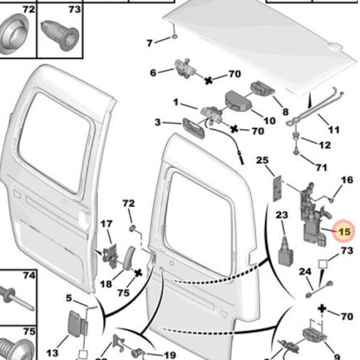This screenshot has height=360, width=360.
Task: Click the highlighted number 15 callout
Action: pos(344,232)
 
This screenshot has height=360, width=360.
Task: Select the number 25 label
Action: pos(262,160)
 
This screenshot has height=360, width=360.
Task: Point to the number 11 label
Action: pos(334,130)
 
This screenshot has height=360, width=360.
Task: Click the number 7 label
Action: pos(151,42)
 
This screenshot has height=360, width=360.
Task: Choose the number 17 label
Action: pos(106,224)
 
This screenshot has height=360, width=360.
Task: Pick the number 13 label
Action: pos(53,352)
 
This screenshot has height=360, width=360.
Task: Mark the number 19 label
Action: pos(169,355)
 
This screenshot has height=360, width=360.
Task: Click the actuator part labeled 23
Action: pos(284,252)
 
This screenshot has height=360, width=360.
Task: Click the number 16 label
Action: pos(347,180)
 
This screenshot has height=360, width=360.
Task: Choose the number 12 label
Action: pos(324,145)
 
